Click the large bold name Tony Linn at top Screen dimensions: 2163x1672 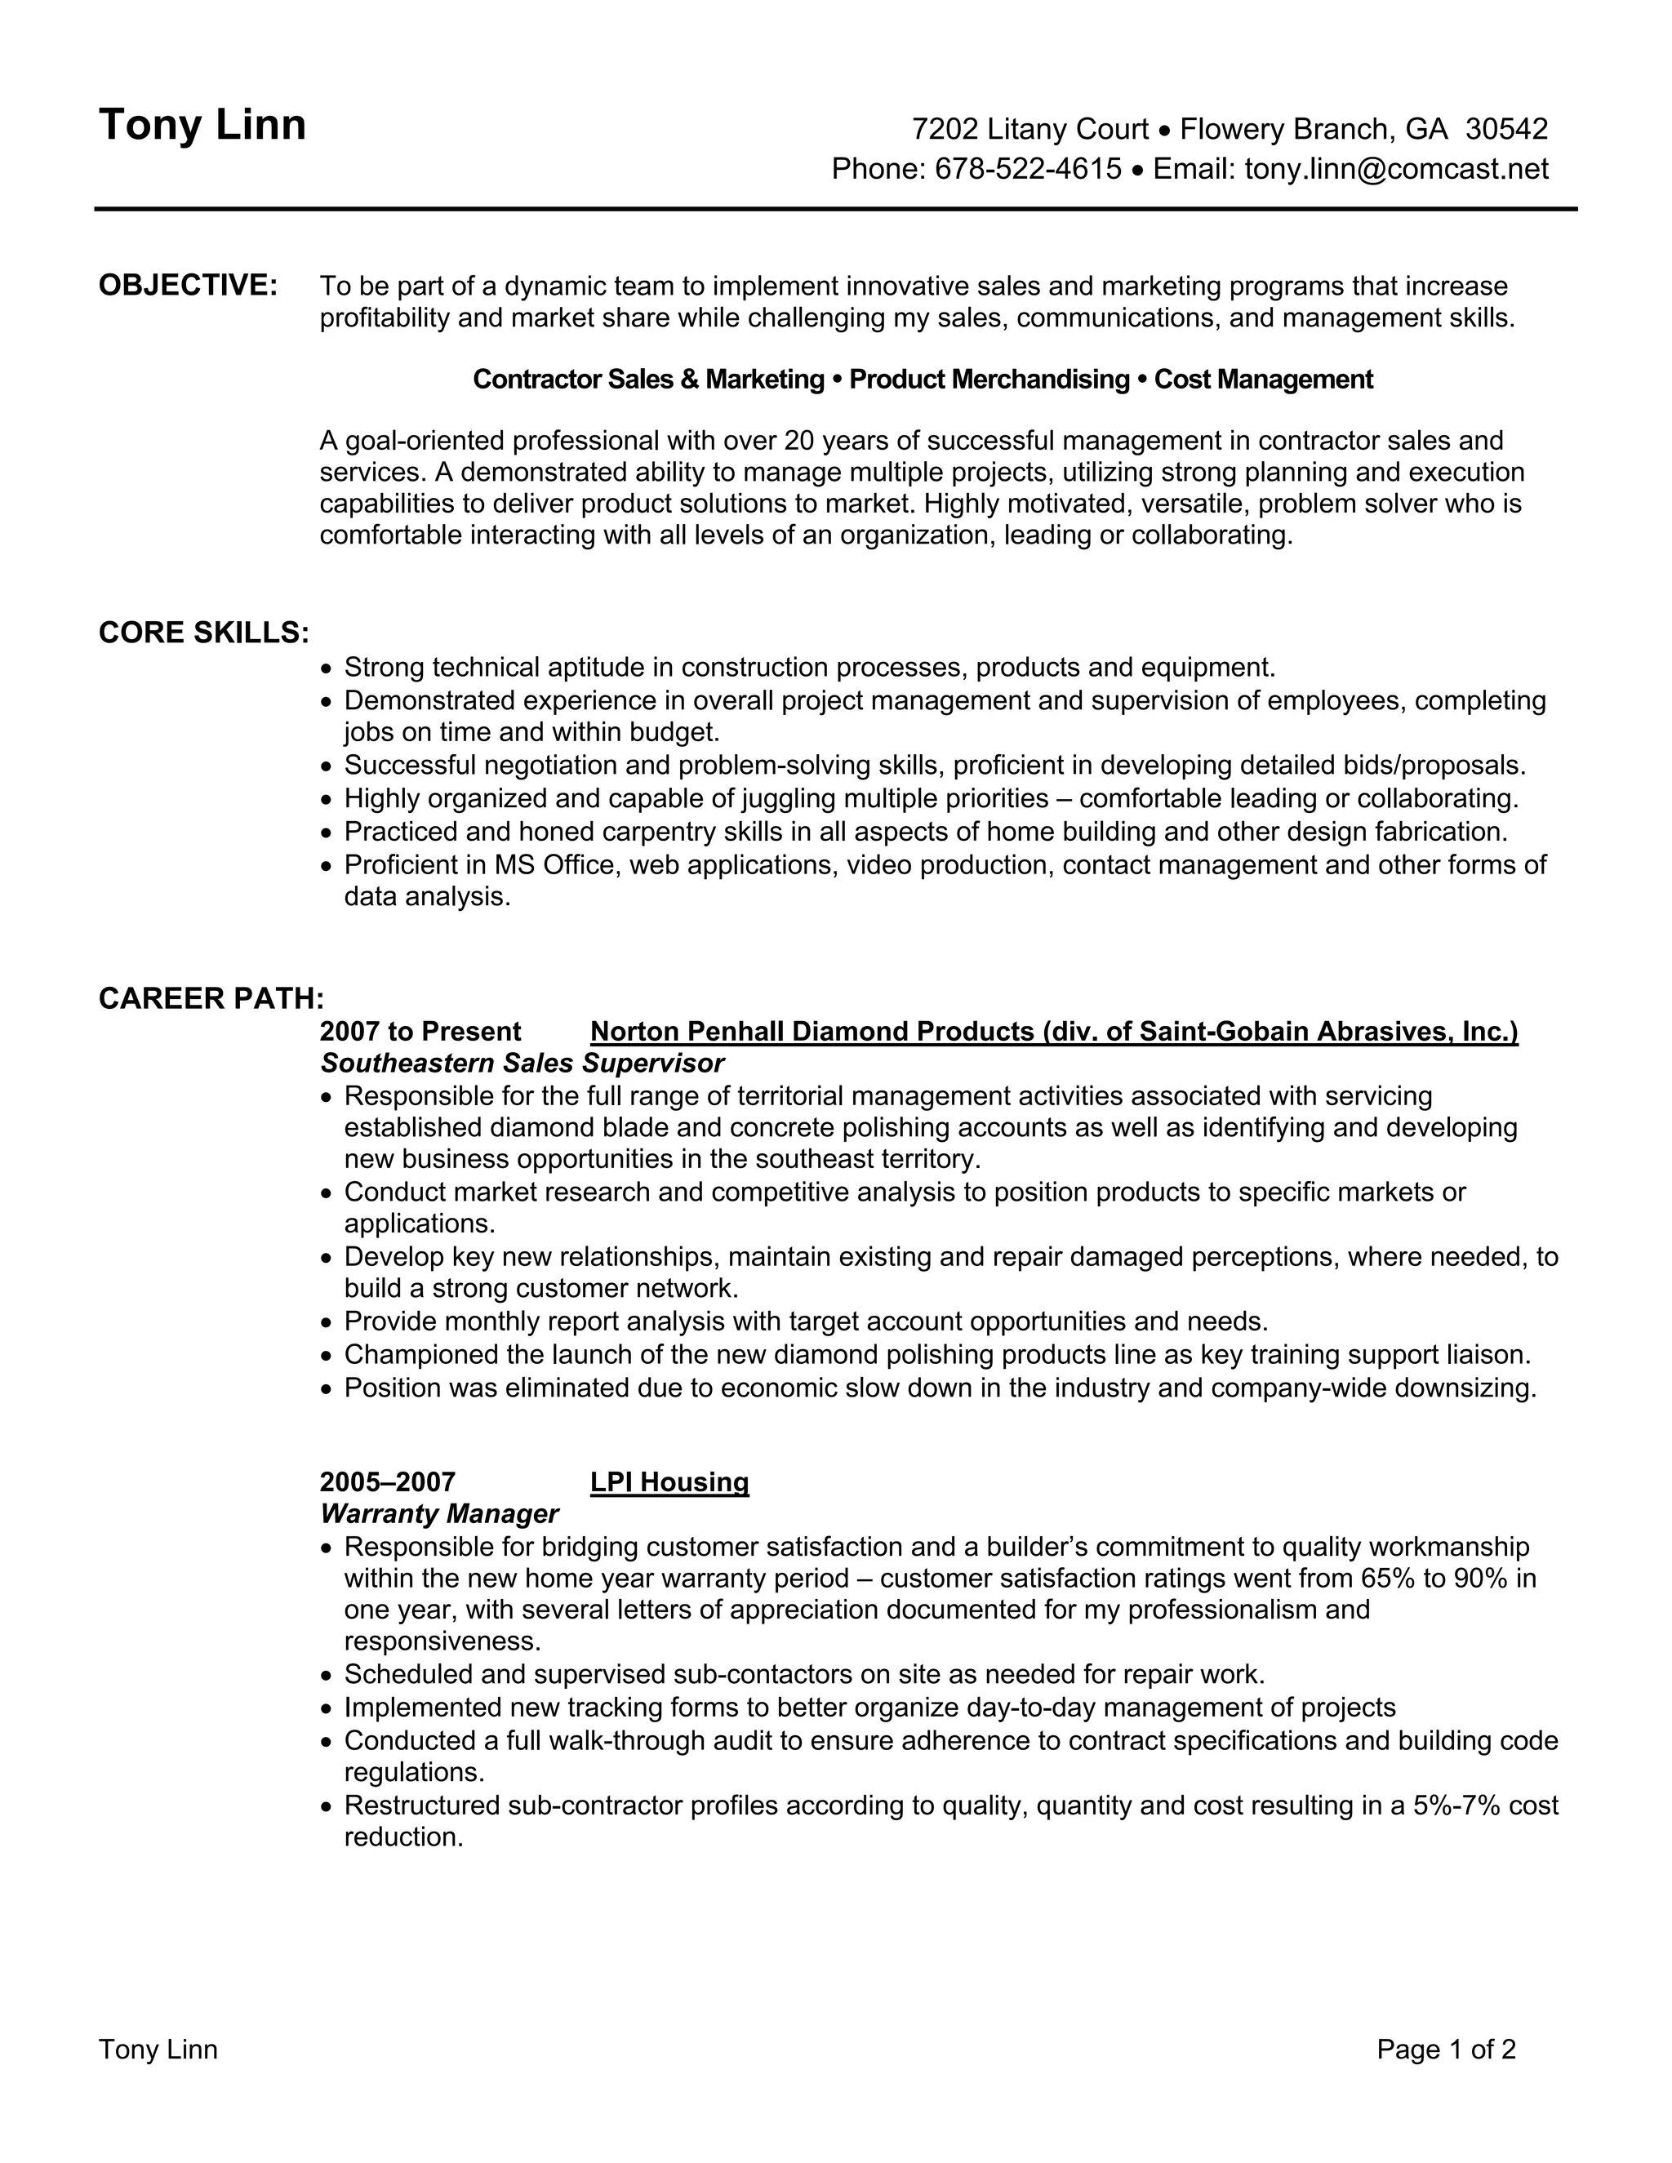(x=202, y=126)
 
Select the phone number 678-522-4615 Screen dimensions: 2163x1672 (x=1028, y=169)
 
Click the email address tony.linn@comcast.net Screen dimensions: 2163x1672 (x=1395, y=169)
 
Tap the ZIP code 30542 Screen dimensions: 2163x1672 (x=1505, y=130)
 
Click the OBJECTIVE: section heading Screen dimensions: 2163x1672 (x=189, y=285)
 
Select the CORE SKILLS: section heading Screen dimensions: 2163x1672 (x=204, y=633)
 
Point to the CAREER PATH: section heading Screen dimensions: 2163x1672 (x=211, y=998)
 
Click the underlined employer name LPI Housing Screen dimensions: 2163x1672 (x=669, y=1481)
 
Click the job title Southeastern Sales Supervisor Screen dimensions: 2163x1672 (x=522, y=1064)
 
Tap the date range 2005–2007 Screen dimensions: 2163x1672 (x=387, y=1481)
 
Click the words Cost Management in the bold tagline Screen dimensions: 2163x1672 (x=1264, y=380)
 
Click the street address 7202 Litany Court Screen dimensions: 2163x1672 (x=1030, y=130)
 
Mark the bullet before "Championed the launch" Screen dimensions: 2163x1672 (x=328, y=1356)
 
